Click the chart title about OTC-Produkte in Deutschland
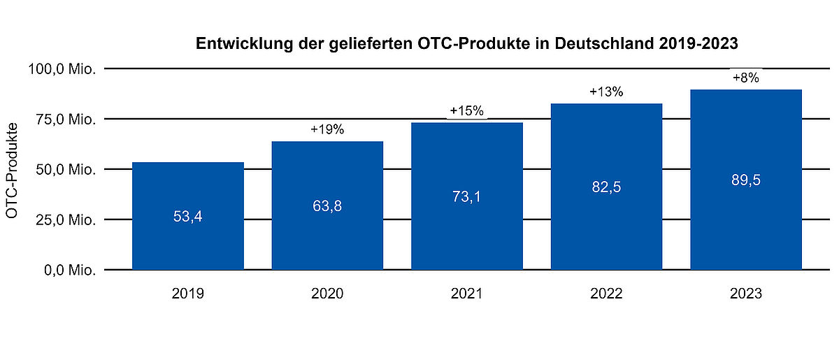coord(467,43)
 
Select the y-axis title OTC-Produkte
coord(12,171)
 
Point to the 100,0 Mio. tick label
coord(62,69)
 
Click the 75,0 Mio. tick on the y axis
coord(66,119)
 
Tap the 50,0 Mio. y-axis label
coord(66,169)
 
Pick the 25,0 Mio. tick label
coord(66,219)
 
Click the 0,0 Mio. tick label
coord(70,270)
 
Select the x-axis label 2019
coord(188,294)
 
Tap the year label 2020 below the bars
coord(327,294)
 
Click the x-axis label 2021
coord(467,294)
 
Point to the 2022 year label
coord(606,294)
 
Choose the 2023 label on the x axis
coord(746,294)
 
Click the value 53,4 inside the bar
coord(188,217)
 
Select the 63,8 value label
coord(327,206)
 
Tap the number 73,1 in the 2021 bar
coord(467,196)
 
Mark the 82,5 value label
coord(606,187)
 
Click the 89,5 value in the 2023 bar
coord(746,180)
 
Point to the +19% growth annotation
coord(327,129)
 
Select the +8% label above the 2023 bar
coord(746,78)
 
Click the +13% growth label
coord(606,92)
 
